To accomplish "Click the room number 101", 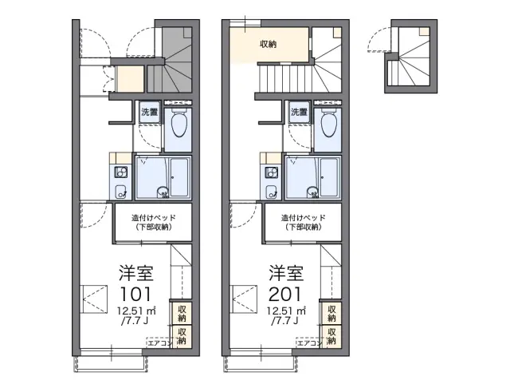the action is pos(135,295).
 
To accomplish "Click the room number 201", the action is pos(285,295).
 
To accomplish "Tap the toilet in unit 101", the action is pos(179,125).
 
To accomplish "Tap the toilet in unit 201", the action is pos(329,125).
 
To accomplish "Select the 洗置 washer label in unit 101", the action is pos(149,112).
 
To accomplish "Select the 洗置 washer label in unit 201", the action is pos(299,112).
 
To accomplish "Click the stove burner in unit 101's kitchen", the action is pos(120,172).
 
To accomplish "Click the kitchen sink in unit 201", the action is pos(271,192).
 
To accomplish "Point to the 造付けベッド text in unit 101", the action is pos(154,218).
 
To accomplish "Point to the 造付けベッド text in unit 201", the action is pos(303,218).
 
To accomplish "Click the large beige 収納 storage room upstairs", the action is pos(269,44).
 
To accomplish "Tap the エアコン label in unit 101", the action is pos(159,343).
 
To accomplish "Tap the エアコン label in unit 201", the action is pos(308,343).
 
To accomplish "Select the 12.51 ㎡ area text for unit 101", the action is pos(137,311).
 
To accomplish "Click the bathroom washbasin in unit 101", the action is pos(162,192).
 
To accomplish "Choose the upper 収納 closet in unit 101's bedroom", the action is pos(182,313).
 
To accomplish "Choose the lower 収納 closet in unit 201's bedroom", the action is pos(331,337).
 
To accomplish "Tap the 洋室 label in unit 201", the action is pos(286,273).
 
